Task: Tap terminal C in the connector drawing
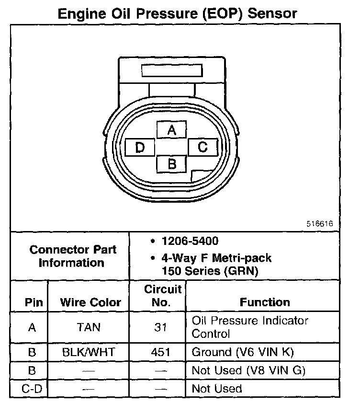point(203,147)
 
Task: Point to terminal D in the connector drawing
point(140,147)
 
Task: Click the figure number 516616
point(320,224)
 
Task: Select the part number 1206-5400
point(190,242)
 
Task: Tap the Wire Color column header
point(90,302)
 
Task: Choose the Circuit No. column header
point(163,296)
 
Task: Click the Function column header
point(265,302)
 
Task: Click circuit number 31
point(161,328)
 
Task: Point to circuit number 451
point(161,352)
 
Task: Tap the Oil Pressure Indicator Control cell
point(250,327)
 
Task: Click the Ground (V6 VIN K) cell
point(242,352)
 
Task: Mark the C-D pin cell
point(32,388)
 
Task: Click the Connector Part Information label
point(72,256)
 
